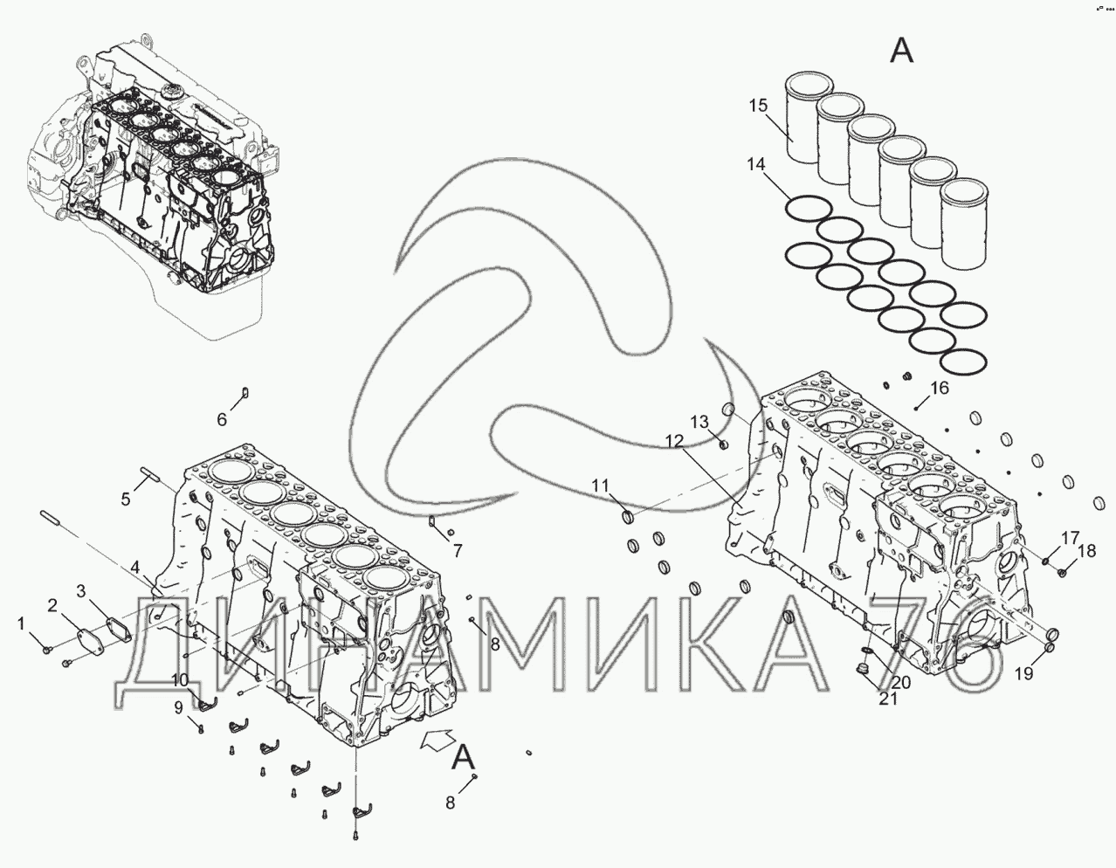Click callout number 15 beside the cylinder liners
(757, 107)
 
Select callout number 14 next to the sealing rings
(755, 163)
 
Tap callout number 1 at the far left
(20, 623)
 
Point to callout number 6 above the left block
(222, 420)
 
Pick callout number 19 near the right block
(1023, 673)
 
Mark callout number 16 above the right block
(939, 389)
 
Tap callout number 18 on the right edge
(1086, 551)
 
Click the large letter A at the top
(900, 51)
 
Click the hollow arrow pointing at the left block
(438, 741)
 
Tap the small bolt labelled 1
(49, 648)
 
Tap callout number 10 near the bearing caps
(178, 681)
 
